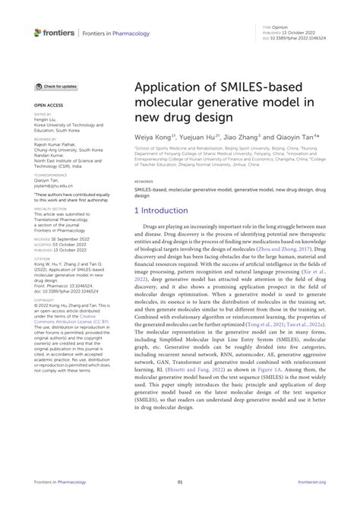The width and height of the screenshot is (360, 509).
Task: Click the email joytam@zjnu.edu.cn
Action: tap(53, 185)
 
